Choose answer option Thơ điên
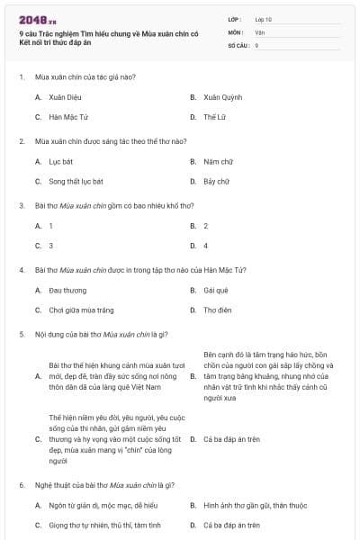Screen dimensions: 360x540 click(x=217, y=310)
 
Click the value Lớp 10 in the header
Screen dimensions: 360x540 click(x=264, y=19)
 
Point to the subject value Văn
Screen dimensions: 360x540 click(x=259, y=31)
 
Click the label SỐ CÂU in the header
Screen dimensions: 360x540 click(x=238, y=44)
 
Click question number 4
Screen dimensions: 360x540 click(x=21, y=269)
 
